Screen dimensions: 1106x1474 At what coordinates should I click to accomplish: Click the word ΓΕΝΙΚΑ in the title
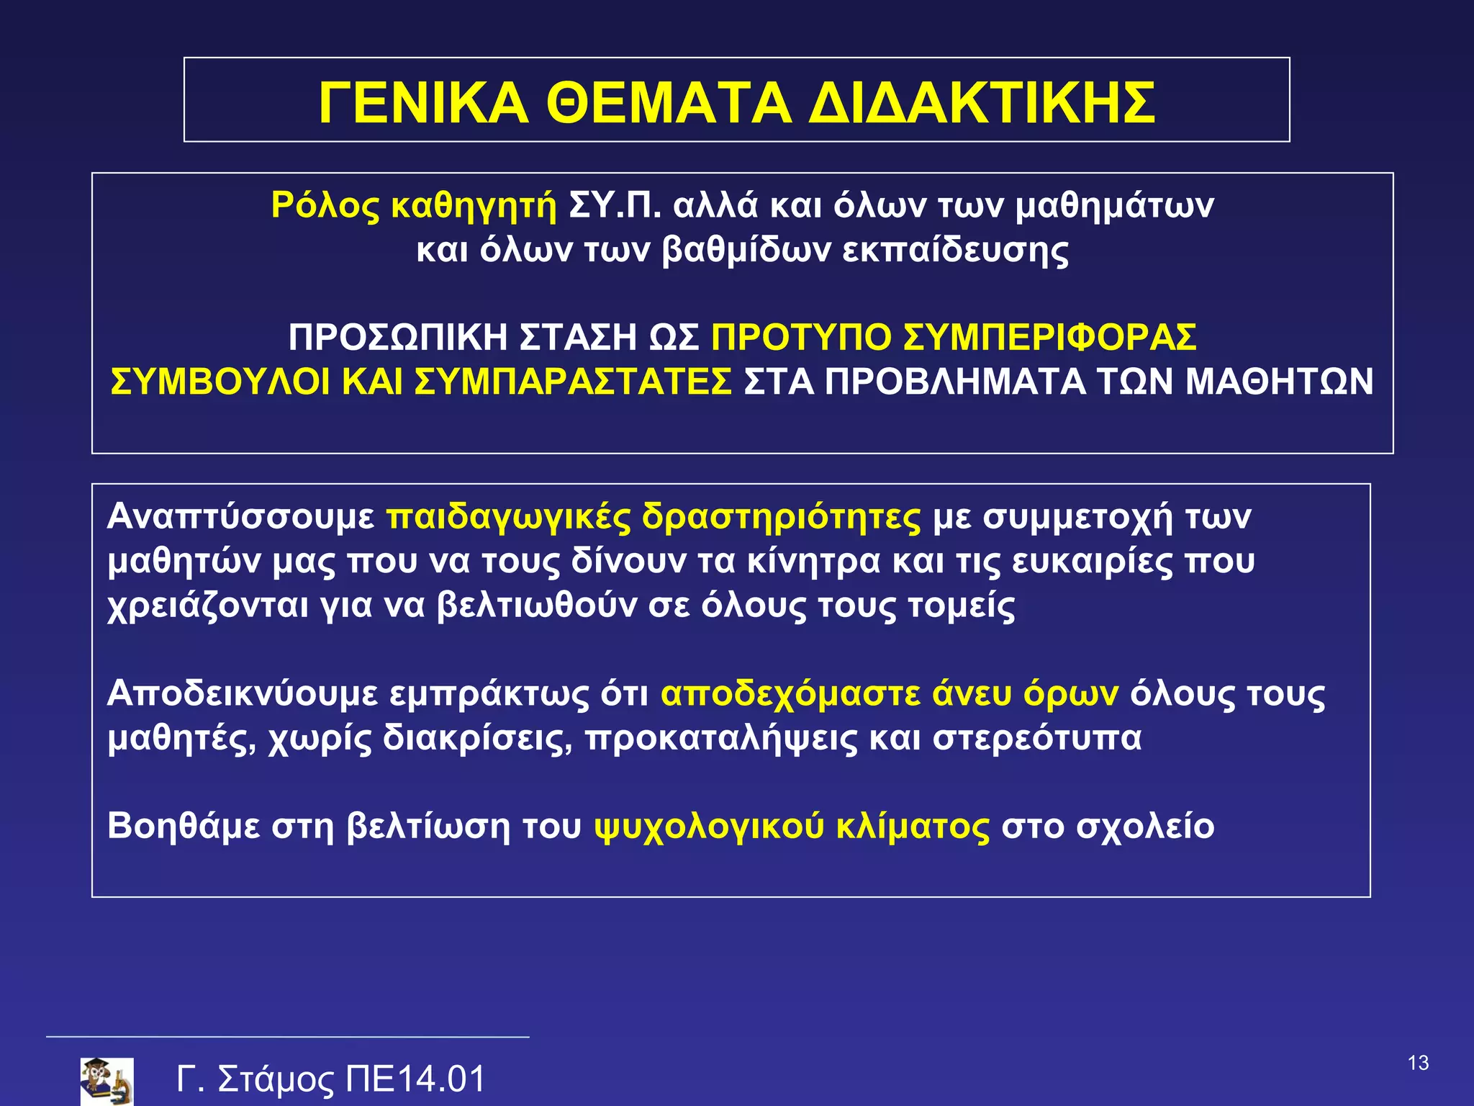pos(423,103)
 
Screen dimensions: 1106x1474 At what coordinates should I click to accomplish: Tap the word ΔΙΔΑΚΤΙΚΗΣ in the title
pos(982,103)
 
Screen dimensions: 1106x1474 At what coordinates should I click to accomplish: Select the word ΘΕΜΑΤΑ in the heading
pos(669,103)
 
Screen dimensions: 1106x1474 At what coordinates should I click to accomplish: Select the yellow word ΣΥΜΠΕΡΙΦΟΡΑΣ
pos(1049,337)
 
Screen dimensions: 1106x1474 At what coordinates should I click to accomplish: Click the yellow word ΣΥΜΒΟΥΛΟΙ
pos(220,382)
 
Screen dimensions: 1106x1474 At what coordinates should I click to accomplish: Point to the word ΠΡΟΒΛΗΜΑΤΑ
pos(954,382)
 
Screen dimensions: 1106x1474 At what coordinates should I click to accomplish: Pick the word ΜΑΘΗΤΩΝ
pos(1280,382)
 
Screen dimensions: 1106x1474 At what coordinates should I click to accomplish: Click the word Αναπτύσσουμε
pos(240,517)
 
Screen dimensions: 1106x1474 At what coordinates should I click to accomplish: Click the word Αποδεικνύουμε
pos(243,694)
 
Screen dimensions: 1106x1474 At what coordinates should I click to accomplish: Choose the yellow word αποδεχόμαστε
pos(790,694)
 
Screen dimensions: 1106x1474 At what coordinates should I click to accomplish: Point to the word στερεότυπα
pos(1037,739)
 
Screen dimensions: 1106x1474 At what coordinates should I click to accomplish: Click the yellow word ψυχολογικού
pos(709,827)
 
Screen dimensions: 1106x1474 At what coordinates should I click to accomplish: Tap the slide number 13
pos(1418,1063)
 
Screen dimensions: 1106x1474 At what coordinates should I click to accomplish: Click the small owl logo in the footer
pos(107,1081)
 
